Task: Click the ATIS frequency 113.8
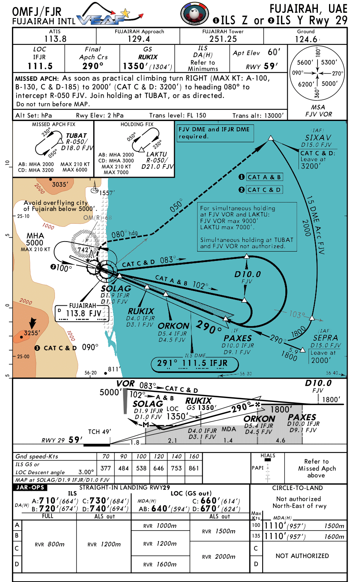55,39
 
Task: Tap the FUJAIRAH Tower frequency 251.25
223,39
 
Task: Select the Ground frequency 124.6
306,39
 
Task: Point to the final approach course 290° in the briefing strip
93,66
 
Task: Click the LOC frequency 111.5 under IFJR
40,66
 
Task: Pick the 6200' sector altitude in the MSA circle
306,84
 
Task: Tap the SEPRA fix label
325,338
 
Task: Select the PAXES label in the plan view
237,338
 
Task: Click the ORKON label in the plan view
174,326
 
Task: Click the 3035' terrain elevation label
60,184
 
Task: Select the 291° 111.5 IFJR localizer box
195,363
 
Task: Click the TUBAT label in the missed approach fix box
77,136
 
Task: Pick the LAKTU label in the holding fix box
156,154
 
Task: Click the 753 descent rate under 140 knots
176,468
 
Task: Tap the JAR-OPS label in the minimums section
30,487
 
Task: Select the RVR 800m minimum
49,544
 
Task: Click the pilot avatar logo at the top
195,14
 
